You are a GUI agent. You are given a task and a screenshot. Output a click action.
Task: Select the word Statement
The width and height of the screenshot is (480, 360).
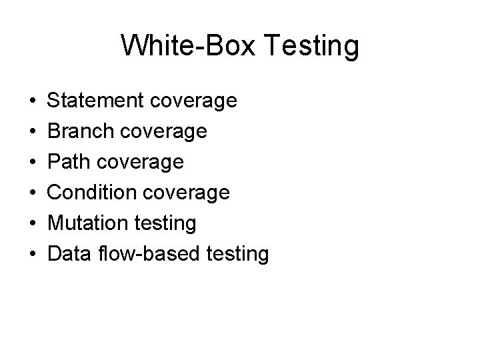pyautogui.click(x=97, y=101)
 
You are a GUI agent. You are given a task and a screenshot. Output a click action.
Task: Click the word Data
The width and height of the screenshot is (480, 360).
pyautogui.click(x=70, y=254)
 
